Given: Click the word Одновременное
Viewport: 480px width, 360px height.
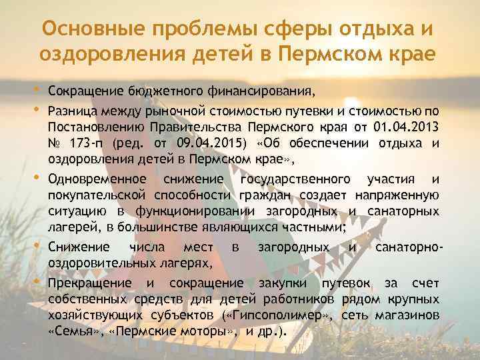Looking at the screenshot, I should coord(97,179).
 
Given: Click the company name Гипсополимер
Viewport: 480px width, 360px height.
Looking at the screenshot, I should coord(285,315).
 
